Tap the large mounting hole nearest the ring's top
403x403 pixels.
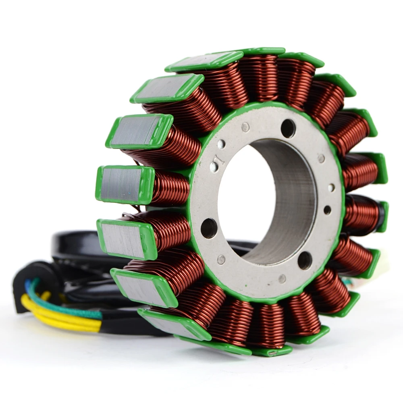pyautogui.click(x=288, y=129)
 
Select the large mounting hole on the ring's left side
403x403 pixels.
pyautogui.click(x=209, y=228)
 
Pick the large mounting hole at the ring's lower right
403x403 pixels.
pyautogui.click(x=305, y=260)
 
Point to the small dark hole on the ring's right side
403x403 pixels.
pyautogui.click(x=327, y=210)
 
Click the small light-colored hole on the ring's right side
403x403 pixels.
pyautogui.click(x=331, y=188)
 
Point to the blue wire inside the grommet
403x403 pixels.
pyautogui.click(x=28, y=286)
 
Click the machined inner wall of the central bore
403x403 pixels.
pyautogui.click(x=290, y=201)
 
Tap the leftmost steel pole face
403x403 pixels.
pyautogui.click(x=121, y=185)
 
